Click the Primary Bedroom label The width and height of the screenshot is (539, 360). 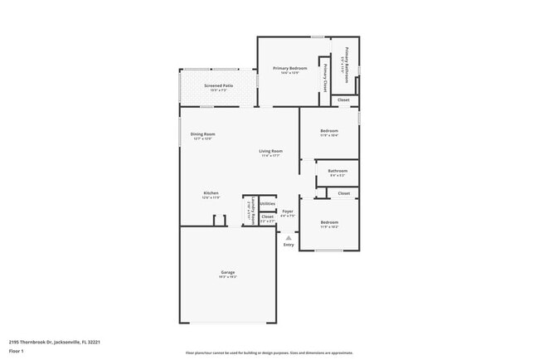point(290,68)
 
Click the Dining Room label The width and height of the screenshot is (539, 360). point(203,134)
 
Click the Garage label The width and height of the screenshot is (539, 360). point(227,273)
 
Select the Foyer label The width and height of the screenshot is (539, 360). point(288,212)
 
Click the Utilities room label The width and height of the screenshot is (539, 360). point(267,203)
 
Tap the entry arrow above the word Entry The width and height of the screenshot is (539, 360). point(289,236)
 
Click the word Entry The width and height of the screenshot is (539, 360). point(289,245)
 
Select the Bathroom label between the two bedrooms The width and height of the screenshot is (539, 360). point(338,171)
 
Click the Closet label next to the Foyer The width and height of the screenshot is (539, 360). point(267,216)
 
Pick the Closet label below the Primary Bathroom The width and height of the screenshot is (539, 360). point(343,100)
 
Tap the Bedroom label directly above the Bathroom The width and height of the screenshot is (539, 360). point(329,131)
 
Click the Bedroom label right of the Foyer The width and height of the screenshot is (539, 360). point(329,222)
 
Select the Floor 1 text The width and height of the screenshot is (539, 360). point(16,351)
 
